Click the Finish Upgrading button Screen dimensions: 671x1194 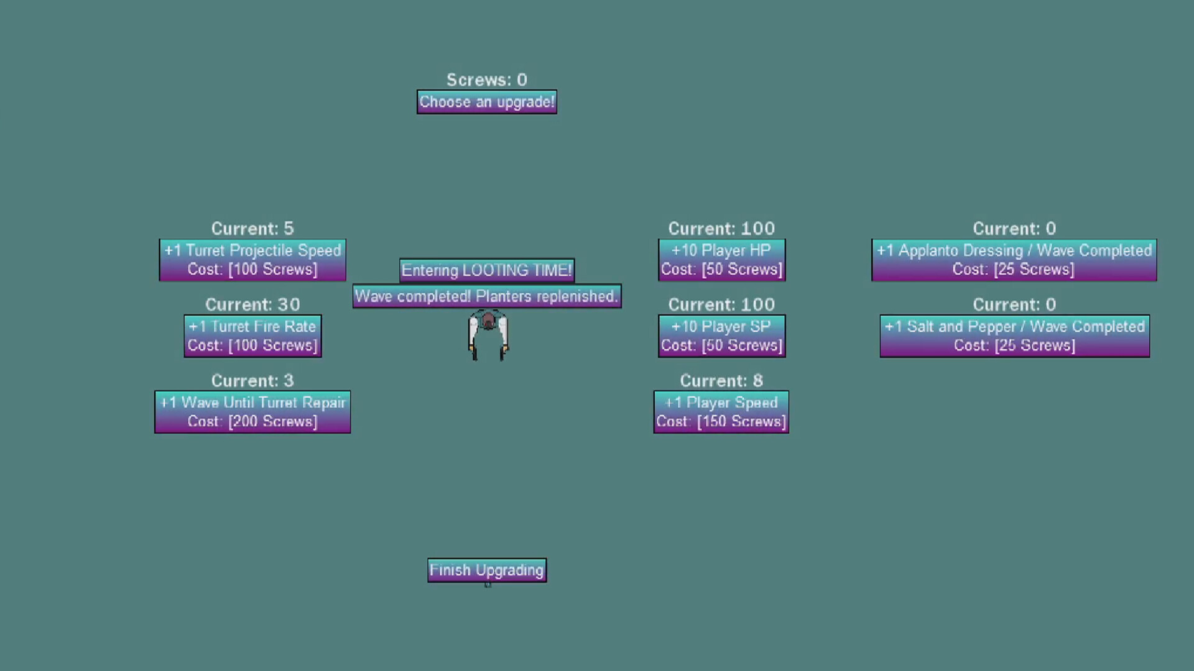(x=487, y=570)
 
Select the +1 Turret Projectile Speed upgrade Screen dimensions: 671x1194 (x=252, y=260)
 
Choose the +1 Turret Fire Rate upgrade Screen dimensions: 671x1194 (x=252, y=335)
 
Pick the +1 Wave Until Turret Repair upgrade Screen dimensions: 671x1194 (x=252, y=412)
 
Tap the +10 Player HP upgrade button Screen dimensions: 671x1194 (x=721, y=260)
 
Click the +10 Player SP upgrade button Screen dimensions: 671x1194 (x=721, y=335)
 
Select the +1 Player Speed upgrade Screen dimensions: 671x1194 (x=721, y=412)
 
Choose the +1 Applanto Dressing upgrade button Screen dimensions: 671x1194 (x=1014, y=260)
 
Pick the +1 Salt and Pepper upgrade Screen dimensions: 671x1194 (x=1014, y=335)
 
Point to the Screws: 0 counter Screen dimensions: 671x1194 (x=487, y=80)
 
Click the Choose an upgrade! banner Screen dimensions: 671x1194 (x=487, y=102)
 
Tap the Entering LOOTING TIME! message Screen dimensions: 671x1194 (x=487, y=270)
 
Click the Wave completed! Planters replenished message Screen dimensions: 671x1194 (x=487, y=296)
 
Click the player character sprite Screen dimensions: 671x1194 (x=488, y=335)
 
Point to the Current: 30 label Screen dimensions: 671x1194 (x=252, y=304)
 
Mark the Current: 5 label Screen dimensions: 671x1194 (x=252, y=229)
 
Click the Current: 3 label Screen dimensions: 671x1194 (x=252, y=380)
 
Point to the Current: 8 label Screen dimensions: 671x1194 (x=721, y=380)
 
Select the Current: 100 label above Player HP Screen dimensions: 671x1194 (x=721, y=229)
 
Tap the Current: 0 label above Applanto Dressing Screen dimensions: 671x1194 (x=1014, y=229)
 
